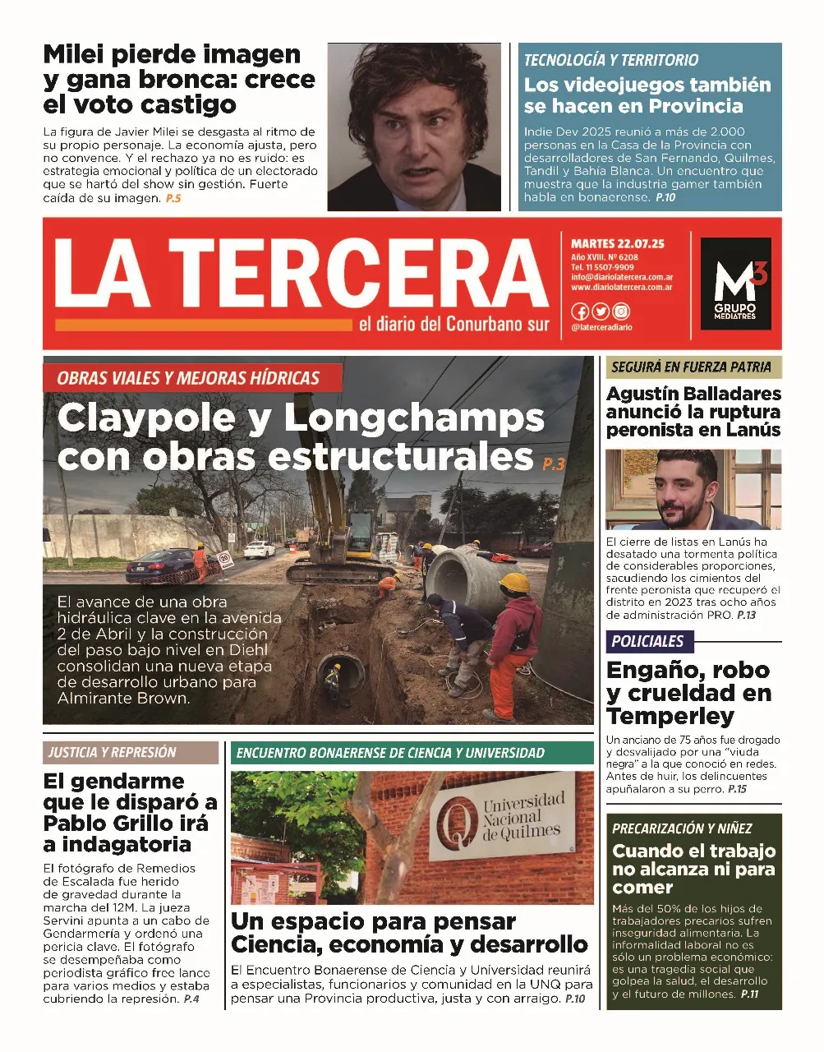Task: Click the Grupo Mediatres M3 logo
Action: (x=735, y=284)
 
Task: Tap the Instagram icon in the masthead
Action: (x=621, y=311)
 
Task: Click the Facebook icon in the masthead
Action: (x=580, y=311)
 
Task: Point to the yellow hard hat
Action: (x=515, y=584)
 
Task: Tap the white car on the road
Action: (x=260, y=549)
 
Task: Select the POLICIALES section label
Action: (x=647, y=641)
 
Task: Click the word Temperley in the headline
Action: (x=670, y=716)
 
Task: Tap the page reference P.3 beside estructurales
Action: (x=554, y=464)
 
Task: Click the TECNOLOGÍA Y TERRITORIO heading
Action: (x=611, y=60)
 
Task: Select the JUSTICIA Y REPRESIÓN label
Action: (x=112, y=752)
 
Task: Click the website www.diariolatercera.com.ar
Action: (x=622, y=288)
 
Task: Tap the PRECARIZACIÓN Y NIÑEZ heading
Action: (x=682, y=828)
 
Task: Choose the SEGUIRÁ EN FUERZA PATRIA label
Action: (x=691, y=367)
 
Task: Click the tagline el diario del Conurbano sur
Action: (x=453, y=325)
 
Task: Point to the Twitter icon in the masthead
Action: (x=601, y=311)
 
